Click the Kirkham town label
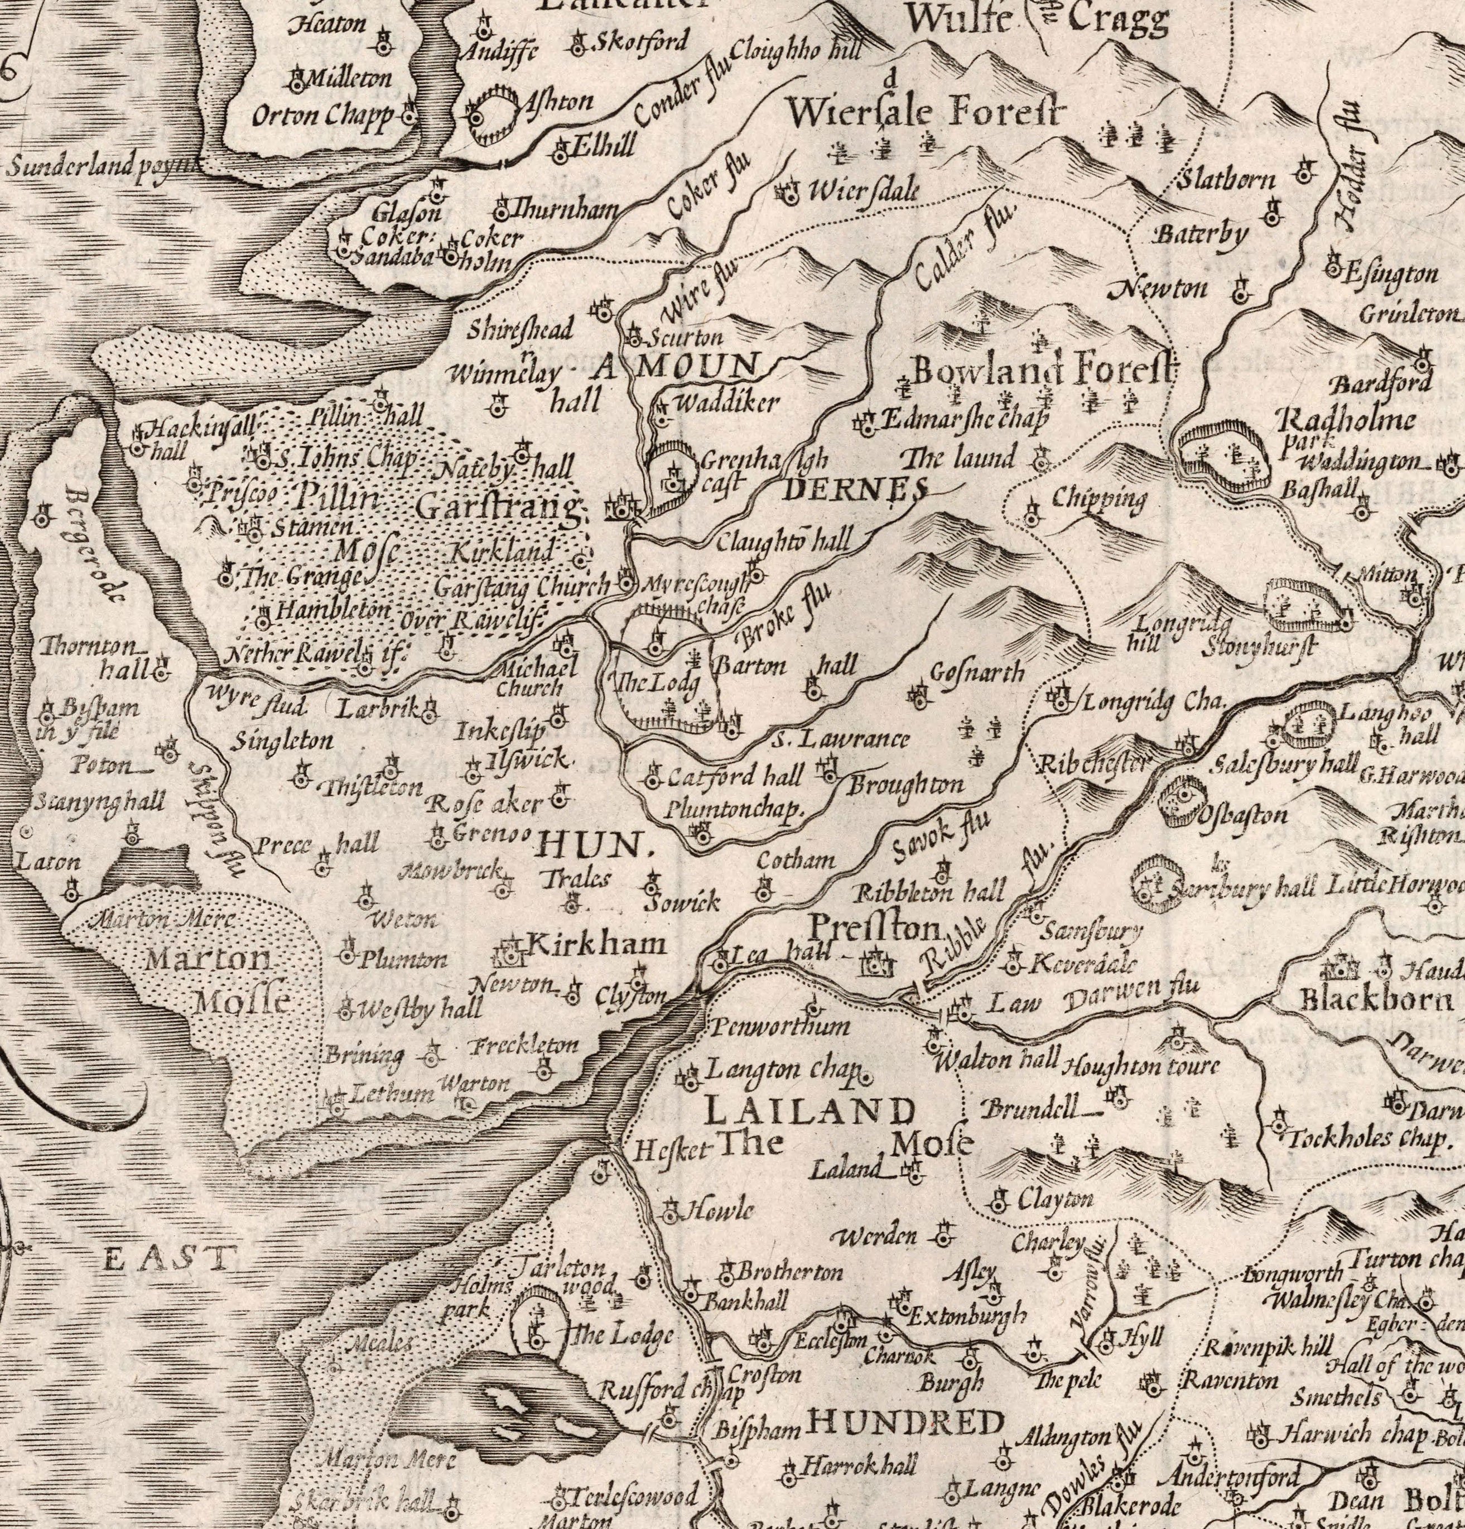click(597, 944)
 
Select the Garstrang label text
click(499, 507)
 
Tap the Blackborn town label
click(1375, 1001)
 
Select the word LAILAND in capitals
click(808, 1111)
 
